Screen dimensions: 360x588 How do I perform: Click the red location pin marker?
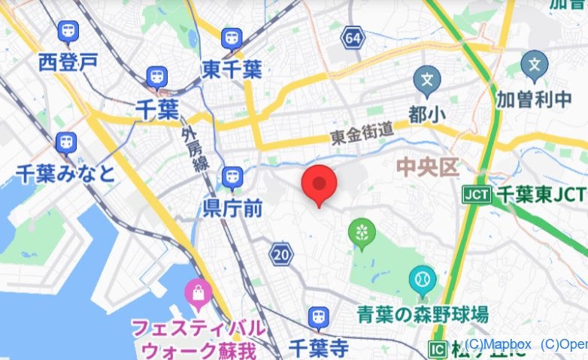(319, 184)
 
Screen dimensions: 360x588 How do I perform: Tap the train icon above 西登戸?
(68, 32)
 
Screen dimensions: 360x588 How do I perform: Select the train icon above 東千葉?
(232, 38)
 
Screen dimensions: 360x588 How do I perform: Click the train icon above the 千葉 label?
(157, 76)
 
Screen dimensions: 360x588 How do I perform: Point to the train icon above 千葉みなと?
(67, 141)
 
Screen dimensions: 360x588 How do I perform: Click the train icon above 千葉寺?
(318, 318)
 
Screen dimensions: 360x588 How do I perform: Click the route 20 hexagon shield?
(281, 254)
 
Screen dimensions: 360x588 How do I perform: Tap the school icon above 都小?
(427, 79)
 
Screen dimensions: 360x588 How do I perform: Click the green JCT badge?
(477, 195)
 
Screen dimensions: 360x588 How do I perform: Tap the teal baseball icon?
(422, 280)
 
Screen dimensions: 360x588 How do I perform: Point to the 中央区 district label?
(428, 166)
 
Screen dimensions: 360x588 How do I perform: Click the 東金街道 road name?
(363, 134)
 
